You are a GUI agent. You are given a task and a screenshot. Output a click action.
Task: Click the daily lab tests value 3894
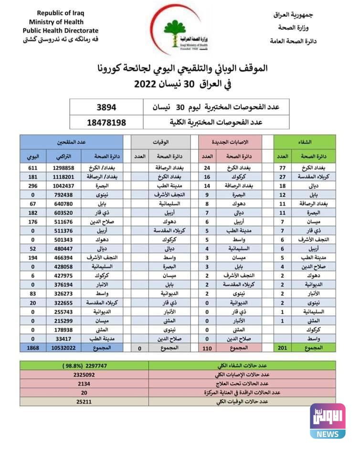click(x=106, y=107)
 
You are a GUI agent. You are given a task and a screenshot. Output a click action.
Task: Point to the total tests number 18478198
click(x=106, y=122)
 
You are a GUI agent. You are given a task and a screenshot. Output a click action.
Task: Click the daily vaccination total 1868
click(x=32, y=348)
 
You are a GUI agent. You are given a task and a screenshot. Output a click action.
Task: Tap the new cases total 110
click(x=207, y=348)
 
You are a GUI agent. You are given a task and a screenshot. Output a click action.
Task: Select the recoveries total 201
click(x=282, y=348)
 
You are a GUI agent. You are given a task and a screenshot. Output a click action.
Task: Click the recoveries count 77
click(x=282, y=168)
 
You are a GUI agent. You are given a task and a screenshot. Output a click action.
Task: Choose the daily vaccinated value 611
click(x=32, y=168)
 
